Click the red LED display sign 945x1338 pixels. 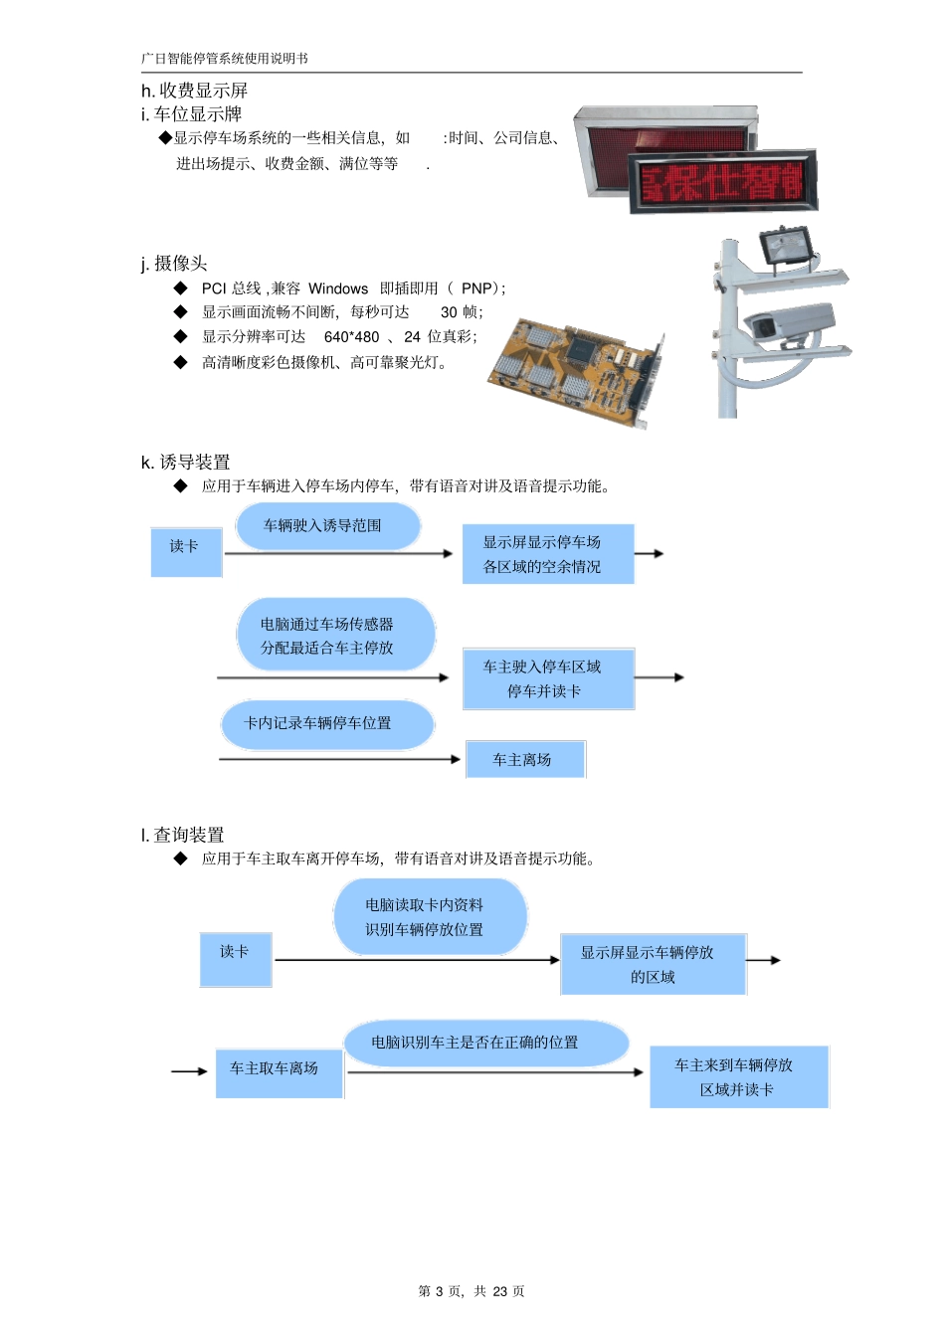click(x=722, y=181)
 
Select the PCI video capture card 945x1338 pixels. click(x=575, y=369)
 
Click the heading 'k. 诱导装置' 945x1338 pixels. click(x=186, y=463)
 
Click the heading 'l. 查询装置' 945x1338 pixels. click(x=183, y=836)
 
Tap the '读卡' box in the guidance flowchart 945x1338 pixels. click(x=186, y=552)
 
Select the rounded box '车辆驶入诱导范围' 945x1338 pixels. click(x=327, y=526)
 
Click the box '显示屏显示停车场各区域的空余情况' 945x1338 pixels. click(x=547, y=554)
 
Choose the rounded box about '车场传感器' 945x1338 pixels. click(x=335, y=636)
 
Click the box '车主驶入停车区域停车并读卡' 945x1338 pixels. click(x=547, y=678)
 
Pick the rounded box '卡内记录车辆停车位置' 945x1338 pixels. click(x=326, y=724)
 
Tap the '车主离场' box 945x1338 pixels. click(x=524, y=760)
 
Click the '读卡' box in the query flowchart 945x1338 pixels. click(x=236, y=959)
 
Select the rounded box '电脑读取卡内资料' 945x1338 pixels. click(x=429, y=917)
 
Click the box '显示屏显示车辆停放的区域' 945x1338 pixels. click(x=653, y=964)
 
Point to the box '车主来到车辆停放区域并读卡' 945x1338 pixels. click(x=738, y=1077)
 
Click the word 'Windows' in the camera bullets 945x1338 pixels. click(x=338, y=288)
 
